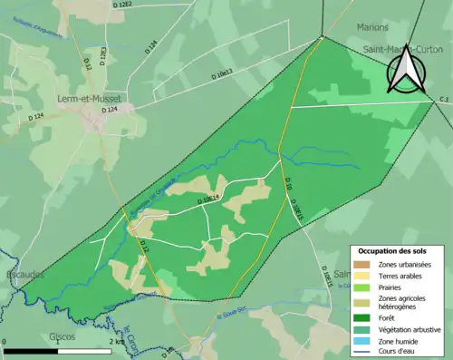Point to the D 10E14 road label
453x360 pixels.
(x=207, y=198)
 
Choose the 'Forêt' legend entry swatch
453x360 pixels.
(x=364, y=316)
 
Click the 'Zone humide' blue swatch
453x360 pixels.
(x=364, y=338)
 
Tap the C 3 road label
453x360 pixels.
(x=444, y=98)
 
